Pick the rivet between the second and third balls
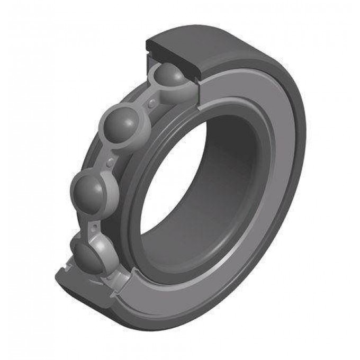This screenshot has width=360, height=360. [x=111, y=160]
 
